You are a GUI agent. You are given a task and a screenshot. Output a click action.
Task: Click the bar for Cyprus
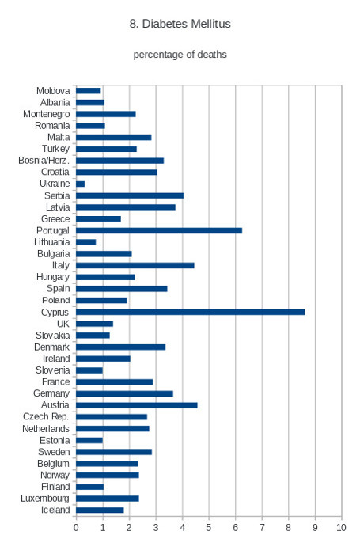coord(190,312)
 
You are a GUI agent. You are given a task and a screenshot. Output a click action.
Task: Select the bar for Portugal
coord(159,230)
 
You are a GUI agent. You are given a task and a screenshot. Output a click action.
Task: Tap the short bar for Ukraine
coord(80,184)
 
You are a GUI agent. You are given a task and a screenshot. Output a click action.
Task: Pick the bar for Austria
coord(137,405)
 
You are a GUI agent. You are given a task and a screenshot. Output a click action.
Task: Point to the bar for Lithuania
coord(86,242)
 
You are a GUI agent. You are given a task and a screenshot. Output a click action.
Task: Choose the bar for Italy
coord(135,265)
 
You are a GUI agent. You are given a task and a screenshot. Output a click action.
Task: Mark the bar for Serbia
coord(130,195)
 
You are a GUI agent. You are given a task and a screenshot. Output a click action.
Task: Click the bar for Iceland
coord(100,510)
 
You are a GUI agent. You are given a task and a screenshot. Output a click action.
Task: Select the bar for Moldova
coord(89,91)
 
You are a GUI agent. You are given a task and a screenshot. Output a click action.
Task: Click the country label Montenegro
coord(46,114)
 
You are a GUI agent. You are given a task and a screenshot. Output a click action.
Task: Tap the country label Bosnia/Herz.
coord(44,161)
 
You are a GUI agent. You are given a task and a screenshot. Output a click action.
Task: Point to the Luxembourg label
coord(45,499)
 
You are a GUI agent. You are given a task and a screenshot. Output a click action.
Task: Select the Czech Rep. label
coord(46,416)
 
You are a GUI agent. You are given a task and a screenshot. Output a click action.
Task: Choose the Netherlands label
coord(46,429)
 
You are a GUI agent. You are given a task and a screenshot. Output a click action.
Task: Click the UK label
coord(63,324)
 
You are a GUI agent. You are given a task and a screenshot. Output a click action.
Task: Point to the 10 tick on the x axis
coord(341,528)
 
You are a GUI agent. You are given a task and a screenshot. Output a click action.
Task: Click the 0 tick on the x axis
coord(76,528)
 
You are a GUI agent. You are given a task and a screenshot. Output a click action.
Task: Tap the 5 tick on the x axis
coord(209,528)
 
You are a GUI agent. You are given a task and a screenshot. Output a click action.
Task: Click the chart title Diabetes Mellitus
coord(186,24)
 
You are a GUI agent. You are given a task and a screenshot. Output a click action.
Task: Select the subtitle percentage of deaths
coord(180,55)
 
